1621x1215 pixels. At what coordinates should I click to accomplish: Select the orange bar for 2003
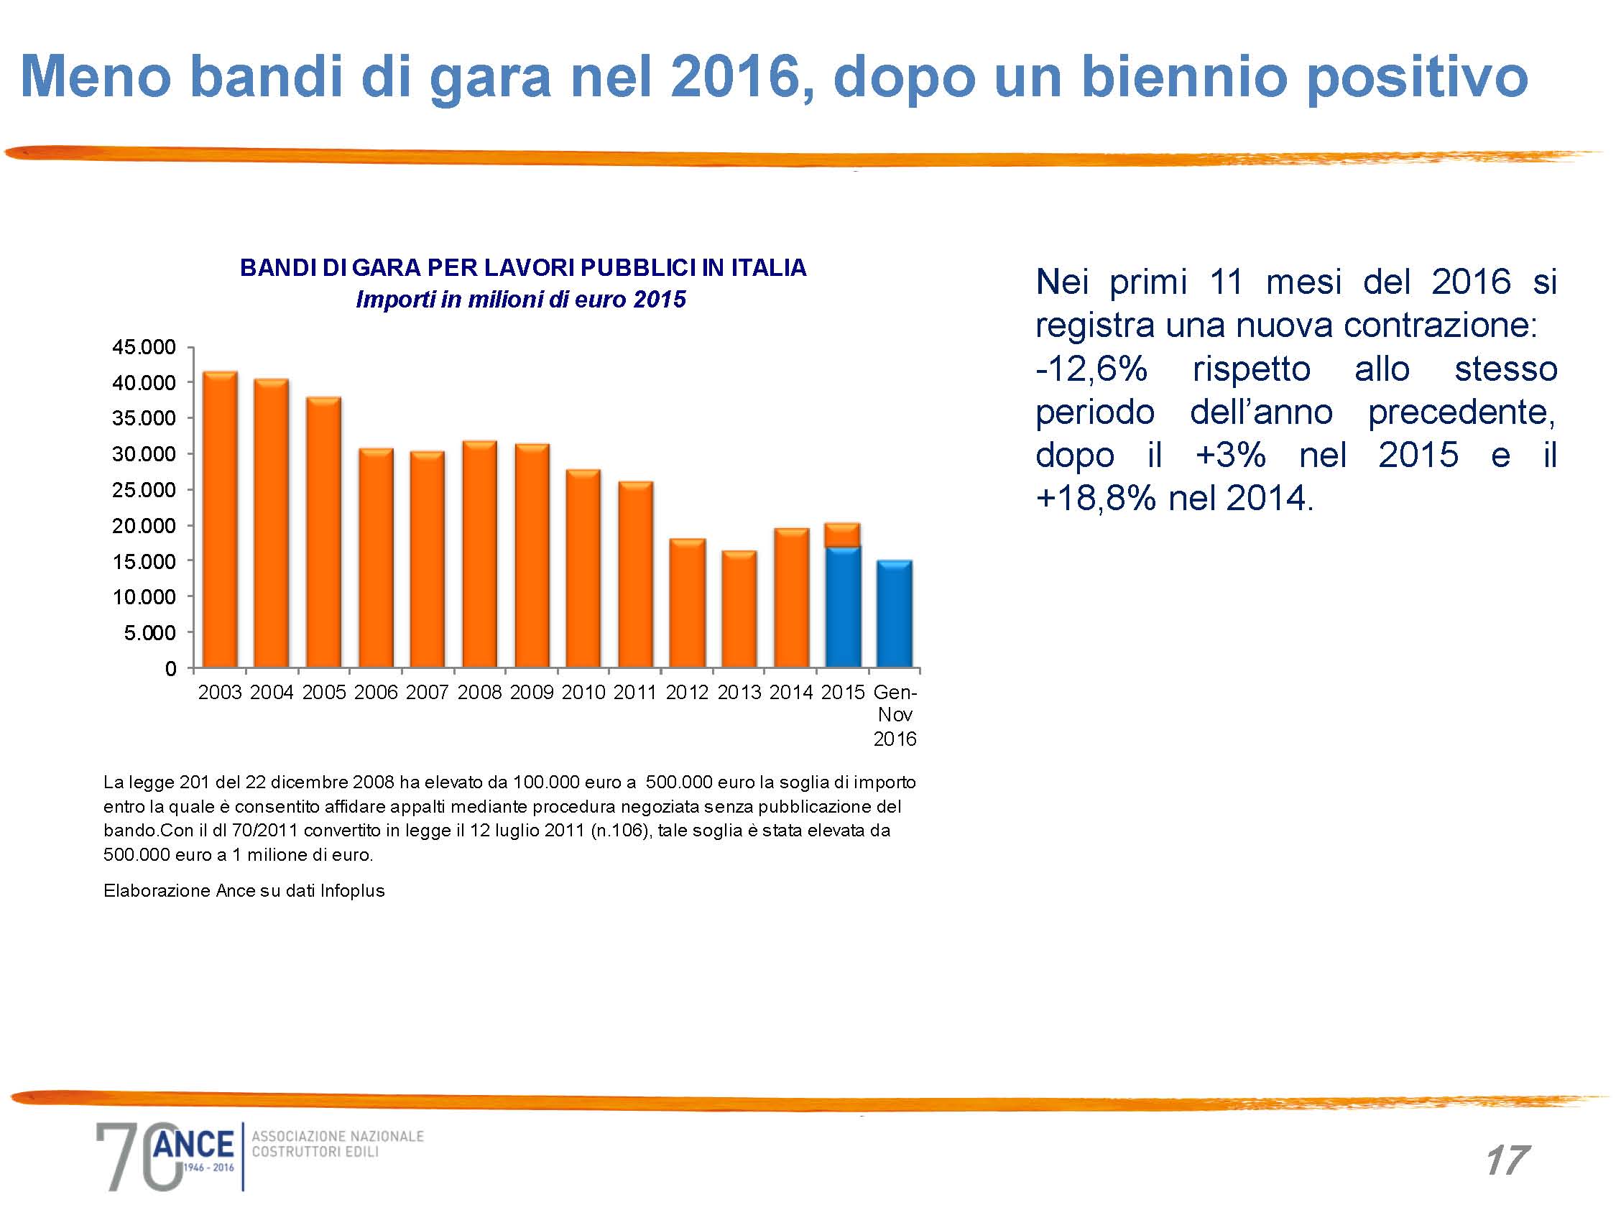pos(220,520)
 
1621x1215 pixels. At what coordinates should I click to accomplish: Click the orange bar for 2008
pos(479,555)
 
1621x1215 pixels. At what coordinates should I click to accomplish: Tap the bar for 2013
pos(739,610)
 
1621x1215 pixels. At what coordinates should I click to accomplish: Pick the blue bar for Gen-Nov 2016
pos(895,614)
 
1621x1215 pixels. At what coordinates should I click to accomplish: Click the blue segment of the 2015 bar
pos(843,606)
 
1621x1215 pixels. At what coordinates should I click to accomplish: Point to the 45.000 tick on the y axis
pos(144,347)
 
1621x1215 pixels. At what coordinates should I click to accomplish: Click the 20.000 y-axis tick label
pos(144,526)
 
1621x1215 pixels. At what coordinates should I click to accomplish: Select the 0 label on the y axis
pos(170,669)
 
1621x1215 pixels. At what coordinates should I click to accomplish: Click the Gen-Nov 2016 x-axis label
pos(895,715)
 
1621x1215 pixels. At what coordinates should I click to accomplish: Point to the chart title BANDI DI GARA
pos(522,268)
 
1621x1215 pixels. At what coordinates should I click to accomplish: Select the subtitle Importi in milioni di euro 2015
pos(520,300)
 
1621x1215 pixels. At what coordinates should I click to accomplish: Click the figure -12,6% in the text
pos(1091,369)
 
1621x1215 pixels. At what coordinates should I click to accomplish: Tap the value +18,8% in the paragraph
pos(1093,499)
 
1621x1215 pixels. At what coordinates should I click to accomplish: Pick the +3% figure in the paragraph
pos(1230,456)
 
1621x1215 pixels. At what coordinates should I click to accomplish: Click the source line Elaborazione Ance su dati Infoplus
pos(244,891)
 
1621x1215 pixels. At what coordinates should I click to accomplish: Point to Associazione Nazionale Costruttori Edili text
pos(337,1144)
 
